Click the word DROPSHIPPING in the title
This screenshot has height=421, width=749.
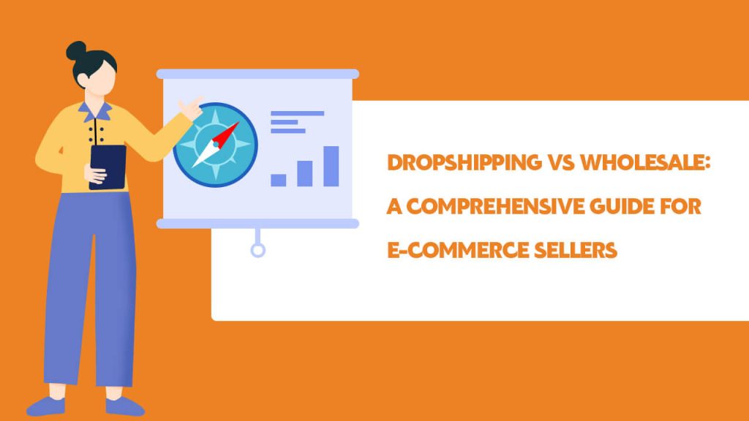coord(464,163)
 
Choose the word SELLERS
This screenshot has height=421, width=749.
coord(576,251)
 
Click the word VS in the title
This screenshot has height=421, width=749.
coord(561,163)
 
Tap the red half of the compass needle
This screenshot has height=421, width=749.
coord(225,134)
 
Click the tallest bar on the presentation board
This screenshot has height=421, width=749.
coord(331,166)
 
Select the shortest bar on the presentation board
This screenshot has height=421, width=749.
coord(279,180)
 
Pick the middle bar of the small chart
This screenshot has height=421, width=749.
coord(305,173)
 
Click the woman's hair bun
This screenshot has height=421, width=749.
coord(76,51)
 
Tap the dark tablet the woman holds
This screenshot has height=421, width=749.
coord(108,167)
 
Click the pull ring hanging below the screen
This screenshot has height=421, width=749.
coord(258,251)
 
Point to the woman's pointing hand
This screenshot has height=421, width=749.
coord(191,109)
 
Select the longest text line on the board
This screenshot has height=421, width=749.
coord(297,113)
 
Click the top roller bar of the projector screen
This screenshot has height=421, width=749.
coord(257,74)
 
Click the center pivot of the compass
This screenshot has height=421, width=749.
coord(216,144)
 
